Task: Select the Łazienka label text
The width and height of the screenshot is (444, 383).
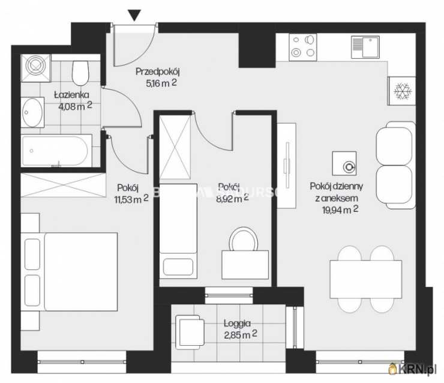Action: coord(71,94)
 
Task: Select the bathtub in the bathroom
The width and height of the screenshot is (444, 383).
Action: coord(56,151)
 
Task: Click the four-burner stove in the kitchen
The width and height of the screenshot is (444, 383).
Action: coord(303,46)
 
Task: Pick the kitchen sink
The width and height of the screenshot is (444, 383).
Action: coord(365,46)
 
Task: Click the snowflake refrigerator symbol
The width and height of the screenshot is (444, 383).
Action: coord(401,91)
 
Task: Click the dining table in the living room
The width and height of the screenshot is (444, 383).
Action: coord(365,279)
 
